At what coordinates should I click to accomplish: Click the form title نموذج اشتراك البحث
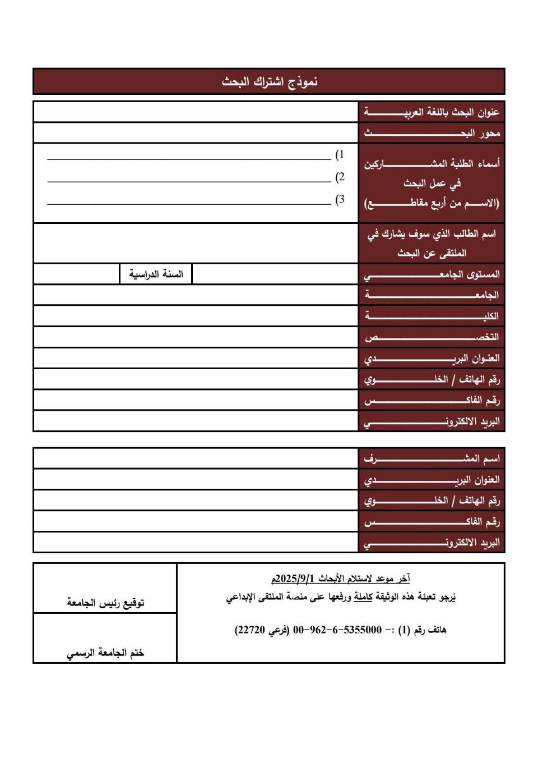coord(270,82)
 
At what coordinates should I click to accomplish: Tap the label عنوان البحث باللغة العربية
coord(432,112)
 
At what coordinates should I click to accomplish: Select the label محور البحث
coord(432,133)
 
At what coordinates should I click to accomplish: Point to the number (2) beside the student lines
coord(340,177)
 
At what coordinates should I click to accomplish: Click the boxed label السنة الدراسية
coord(156,274)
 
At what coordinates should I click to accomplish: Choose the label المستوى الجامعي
coord(432,274)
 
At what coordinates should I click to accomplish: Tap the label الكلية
coord(432,316)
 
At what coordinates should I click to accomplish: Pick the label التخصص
coord(432,337)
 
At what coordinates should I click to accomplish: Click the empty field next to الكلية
coord(196,316)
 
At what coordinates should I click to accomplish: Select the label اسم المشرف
coord(432,459)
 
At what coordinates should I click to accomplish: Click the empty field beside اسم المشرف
coord(196,458)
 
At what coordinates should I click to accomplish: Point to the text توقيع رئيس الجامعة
coord(105,603)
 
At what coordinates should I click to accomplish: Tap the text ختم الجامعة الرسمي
coord(105,653)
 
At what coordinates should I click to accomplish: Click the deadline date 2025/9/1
coord(295,579)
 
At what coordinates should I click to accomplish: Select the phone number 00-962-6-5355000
coord(337,630)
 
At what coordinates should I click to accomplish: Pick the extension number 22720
coord(251,630)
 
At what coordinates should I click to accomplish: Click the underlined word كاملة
coord(363,597)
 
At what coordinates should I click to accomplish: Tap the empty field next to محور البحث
coord(196,133)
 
